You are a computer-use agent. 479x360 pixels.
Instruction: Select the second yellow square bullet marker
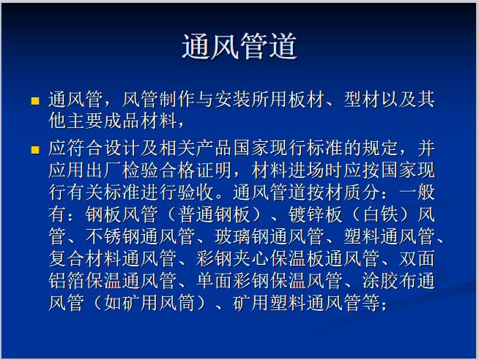pyautogui.click(x=34, y=149)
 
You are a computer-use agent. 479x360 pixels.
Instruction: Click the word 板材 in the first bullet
pyautogui.click(x=305, y=100)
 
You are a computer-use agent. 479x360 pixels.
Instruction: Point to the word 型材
pyautogui.click(x=363, y=100)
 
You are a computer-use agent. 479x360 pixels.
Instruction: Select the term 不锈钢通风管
pyautogui.click(x=144, y=236)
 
